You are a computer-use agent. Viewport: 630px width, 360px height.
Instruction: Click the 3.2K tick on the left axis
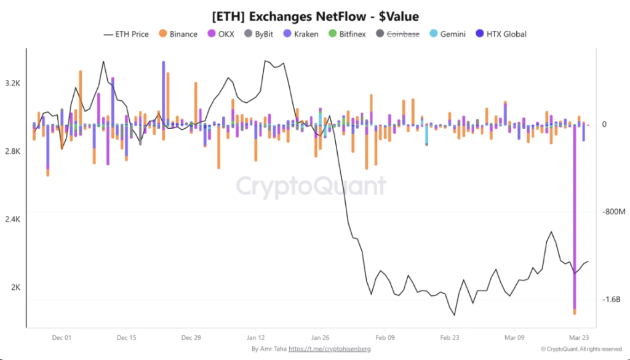[13, 83]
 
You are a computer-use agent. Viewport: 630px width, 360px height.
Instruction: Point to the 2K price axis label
[15, 287]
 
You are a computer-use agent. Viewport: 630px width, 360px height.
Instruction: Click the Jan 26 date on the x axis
[321, 337]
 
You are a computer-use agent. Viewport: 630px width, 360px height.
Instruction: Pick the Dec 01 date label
[62, 337]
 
